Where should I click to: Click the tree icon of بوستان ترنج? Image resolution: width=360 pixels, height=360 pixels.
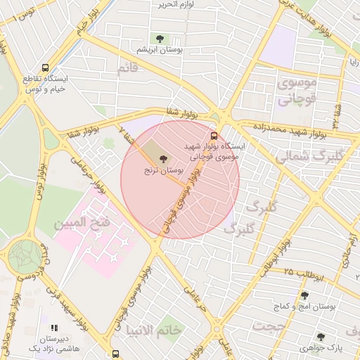click(165, 159)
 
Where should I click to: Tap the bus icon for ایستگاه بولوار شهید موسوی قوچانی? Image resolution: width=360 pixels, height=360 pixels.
click(214, 136)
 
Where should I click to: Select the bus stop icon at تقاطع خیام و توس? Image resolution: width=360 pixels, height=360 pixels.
click(45, 68)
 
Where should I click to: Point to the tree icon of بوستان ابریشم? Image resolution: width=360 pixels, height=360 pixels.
click(157, 38)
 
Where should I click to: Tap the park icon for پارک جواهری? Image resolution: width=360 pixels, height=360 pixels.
click(321, 337)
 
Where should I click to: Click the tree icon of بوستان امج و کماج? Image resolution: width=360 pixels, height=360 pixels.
click(304, 295)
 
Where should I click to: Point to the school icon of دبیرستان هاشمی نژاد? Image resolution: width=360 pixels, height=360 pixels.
click(54, 328)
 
